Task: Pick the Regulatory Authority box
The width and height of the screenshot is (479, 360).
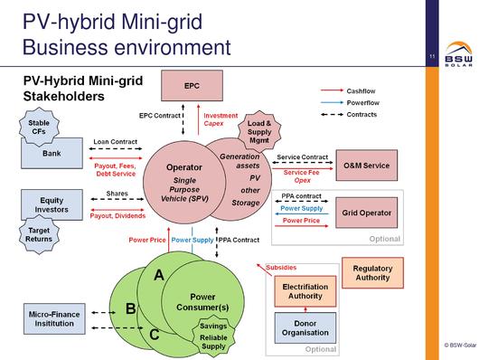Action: coord(371,273)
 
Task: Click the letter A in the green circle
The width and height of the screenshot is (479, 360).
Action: coord(159,275)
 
